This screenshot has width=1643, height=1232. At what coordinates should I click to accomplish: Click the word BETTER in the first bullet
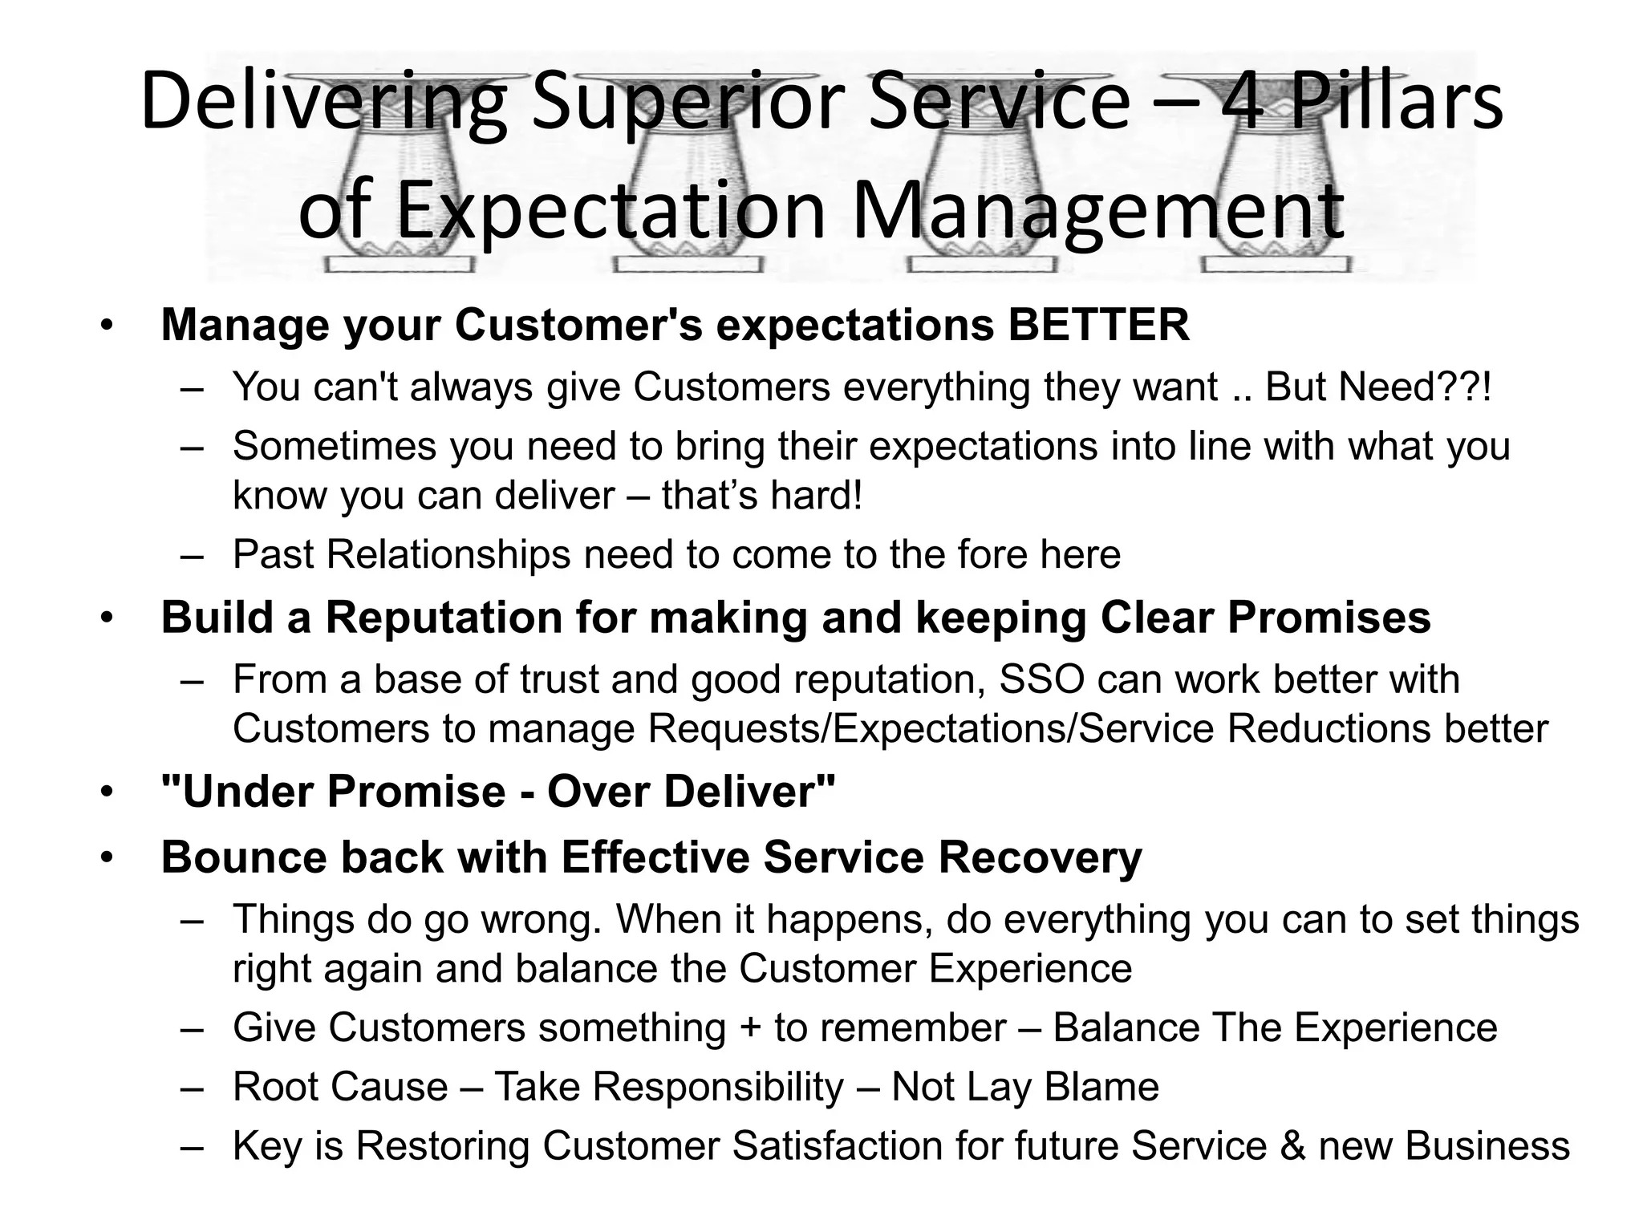pos(1098,325)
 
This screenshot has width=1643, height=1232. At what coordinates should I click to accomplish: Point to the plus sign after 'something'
pos(750,1028)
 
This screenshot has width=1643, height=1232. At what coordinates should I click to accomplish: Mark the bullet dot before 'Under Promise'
pos(108,792)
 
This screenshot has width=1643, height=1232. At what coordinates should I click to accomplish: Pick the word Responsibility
pos(718,1087)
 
